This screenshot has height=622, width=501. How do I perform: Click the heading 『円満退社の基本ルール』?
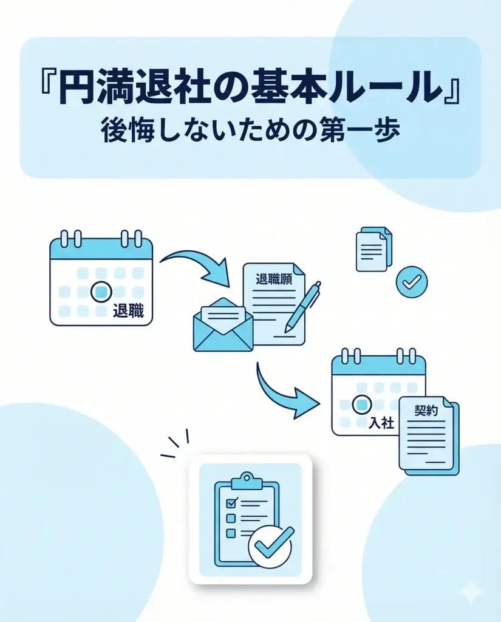[x=250, y=86]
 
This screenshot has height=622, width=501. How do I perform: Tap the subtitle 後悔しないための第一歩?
[x=250, y=131]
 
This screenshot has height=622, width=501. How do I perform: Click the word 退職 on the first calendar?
[x=128, y=310]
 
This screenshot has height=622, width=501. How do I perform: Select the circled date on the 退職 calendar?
[x=101, y=292]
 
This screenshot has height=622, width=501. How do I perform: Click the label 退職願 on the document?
[x=274, y=279]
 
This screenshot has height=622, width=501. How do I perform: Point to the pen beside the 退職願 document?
[x=302, y=306]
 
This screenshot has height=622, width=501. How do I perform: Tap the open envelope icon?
[x=223, y=325]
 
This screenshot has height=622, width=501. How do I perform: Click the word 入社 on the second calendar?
[x=381, y=423]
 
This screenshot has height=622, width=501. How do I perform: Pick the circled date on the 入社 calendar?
[x=362, y=405]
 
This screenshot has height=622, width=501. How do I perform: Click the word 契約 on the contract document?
[x=426, y=410]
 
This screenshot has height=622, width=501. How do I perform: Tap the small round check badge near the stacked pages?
[x=412, y=282]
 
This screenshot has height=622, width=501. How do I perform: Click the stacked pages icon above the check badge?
[x=373, y=249]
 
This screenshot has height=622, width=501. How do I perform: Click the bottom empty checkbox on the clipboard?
[x=231, y=533]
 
